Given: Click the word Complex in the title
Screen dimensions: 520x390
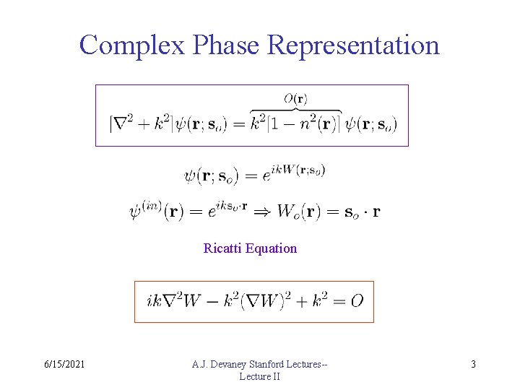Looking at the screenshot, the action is click(x=133, y=45).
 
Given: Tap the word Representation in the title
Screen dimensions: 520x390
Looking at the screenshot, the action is click(x=353, y=45).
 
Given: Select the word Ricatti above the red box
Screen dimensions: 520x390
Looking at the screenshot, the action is click(x=223, y=248).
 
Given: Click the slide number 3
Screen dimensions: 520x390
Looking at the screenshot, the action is click(x=473, y=365).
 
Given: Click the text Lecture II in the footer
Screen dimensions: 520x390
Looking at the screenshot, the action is click(x=259, y=376).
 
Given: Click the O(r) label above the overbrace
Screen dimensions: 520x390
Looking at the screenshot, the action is click(x=295, y=99).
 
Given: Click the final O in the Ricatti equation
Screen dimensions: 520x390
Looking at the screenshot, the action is click(x=357, y=300).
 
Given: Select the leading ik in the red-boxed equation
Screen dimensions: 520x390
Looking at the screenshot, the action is click(x=153, y=300).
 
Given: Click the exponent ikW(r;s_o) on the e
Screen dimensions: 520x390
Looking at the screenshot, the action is click(x=298, y=170).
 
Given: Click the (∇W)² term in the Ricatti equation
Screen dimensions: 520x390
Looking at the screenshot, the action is click(x=261, y=300).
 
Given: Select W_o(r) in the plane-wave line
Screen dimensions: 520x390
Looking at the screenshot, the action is click(x=298, y=212).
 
